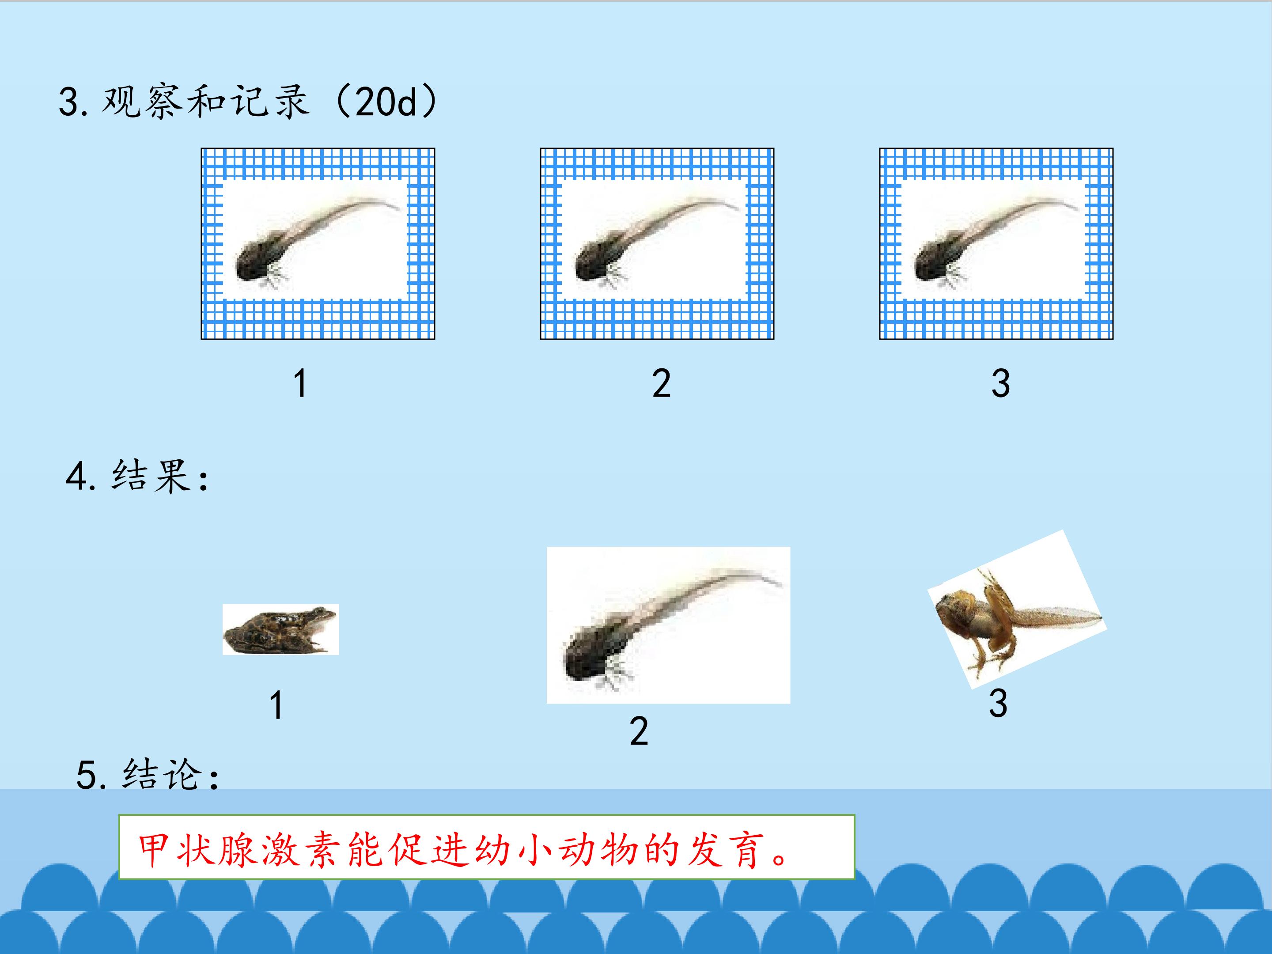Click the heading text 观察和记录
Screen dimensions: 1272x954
206,102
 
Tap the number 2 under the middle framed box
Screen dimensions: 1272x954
661,383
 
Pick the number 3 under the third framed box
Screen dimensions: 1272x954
1000,383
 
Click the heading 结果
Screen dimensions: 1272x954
151,476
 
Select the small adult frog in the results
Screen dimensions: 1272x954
280,630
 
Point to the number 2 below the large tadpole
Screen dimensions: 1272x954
639,731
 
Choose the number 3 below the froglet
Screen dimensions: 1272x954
998,703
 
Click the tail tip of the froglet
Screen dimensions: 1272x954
1102,619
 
